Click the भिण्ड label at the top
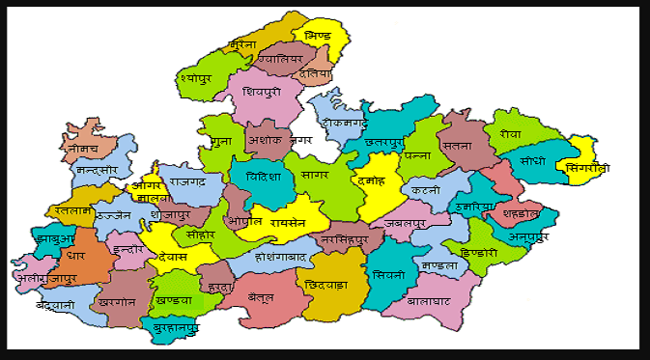tap(317, 36)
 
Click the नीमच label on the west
tap(77, 150)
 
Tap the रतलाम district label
tap(72, 207)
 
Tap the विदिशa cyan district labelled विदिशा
tap(264, 177)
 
